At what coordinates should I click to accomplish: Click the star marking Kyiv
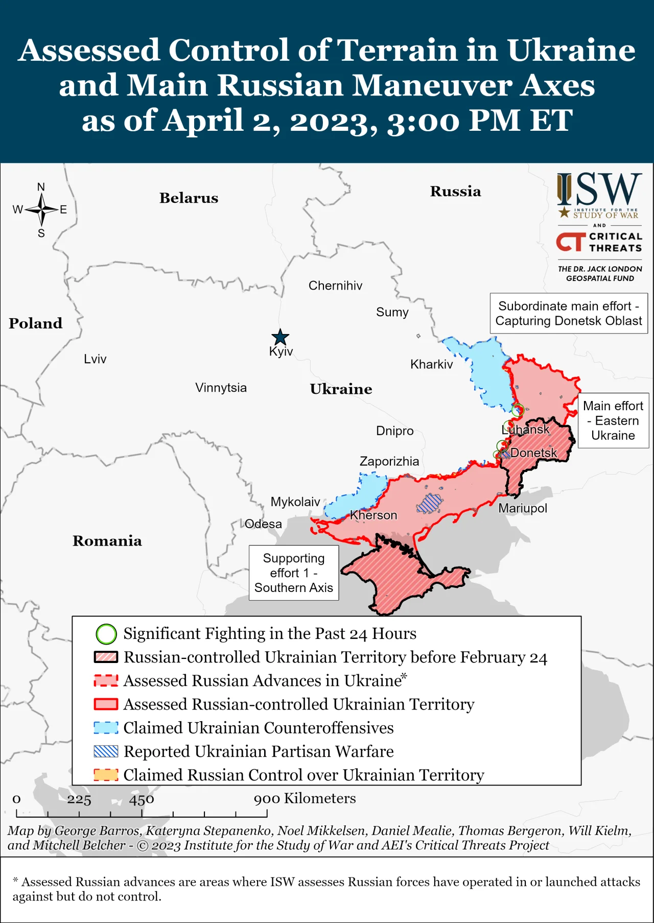[x=280, y=337]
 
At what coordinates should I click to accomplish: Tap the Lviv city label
[x=95, y=359]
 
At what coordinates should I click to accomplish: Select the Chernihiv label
[x=335, y=286]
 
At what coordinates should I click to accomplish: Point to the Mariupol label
[x=522, y=508]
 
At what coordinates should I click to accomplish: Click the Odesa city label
[x=263, y=524]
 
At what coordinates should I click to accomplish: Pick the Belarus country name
[x=189, y=198]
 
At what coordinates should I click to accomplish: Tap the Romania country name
[x=107, y=541]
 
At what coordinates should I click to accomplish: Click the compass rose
[x=41, y=209]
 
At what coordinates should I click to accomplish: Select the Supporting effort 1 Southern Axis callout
[x=294, y=573]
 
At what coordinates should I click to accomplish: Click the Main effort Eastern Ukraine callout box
[x=613, y=420]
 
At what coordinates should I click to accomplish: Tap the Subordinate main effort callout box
[x=569, y=313]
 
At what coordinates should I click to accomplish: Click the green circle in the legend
[x=106, y=634]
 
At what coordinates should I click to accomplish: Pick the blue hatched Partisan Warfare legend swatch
[x=106, y=751]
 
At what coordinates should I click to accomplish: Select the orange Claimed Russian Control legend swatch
[x=106, y=775]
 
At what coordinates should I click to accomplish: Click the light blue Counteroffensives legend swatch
[x=106, y=728]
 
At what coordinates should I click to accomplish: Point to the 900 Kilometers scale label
[x=305, y=798]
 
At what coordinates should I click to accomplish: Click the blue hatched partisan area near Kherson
[x=429, y=504]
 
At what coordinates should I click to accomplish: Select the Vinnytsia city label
[x=221, y=388]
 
